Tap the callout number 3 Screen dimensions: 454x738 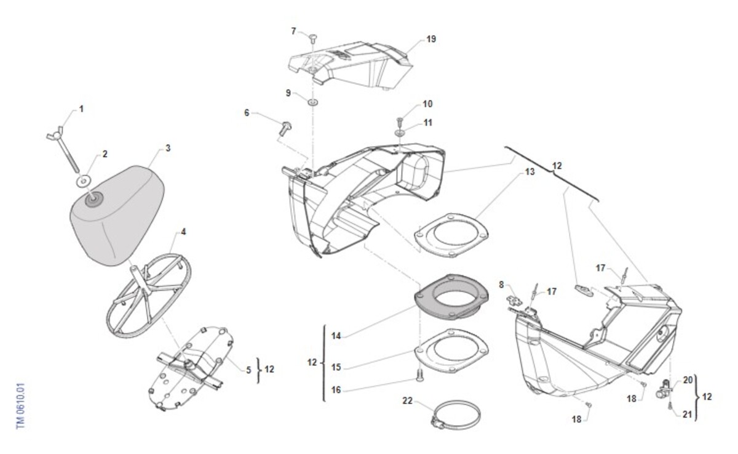click(167, 148)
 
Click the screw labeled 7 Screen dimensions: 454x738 click(313, 39)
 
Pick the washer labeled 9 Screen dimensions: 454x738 click(313, 102)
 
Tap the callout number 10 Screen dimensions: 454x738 click(427, 104)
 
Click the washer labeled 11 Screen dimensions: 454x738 click(400, 132)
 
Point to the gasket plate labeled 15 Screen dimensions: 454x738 click(452, 352)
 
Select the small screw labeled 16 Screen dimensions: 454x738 click(418, 376)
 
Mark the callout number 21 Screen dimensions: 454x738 click(687, 415)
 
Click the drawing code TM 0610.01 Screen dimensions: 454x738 click(20, 407)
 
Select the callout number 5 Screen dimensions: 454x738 click(249, 370)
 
